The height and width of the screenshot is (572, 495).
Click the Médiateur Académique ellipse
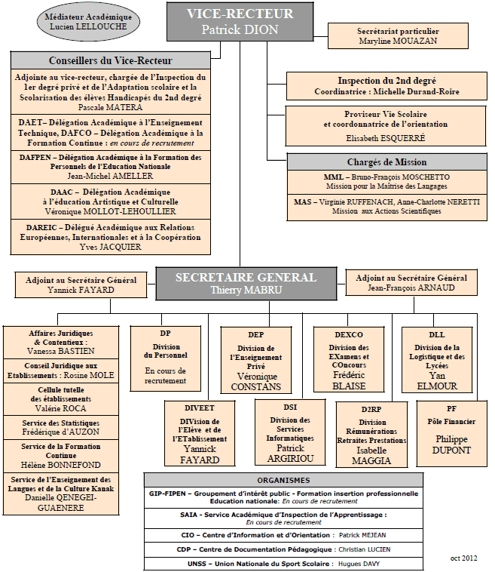pyautogui.click(x=88, y=22)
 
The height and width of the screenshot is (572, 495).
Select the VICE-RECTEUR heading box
pyautogui.click(x=240, y=22)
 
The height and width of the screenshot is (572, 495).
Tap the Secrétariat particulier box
pyautogui.click(x=398, y=35)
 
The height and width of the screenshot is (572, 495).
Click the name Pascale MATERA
pyautogui.click(x=110, y=107)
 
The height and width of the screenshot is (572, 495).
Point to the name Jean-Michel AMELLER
pyautogui.click(x=110, y=176)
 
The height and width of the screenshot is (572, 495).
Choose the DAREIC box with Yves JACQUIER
pyautogui.click(x=110, y=237)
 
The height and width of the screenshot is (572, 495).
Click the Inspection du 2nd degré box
pyautogui.click(x=387, y=86)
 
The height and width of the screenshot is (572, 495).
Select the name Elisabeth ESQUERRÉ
pyautogui.click(x=385, y=138)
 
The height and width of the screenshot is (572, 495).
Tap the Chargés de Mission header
pyautogui.click(x=387, y=162)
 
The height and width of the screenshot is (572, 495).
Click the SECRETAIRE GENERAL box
pyautogui.click(x=246, y=284)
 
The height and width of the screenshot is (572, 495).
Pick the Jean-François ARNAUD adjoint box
pyautogui.click(x=411, y=282)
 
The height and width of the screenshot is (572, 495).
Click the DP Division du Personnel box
pyautogui.click(x=165, y=358)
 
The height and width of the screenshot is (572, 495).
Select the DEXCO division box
pyautogui.click(x=349, y=359)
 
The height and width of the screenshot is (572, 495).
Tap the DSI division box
pyautogui.click(x=290, y=432)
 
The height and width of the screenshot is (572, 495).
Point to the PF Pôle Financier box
pyautogui.click(x=451, y=433)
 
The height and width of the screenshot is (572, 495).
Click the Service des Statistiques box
pyautogui.click(x=61, y=427)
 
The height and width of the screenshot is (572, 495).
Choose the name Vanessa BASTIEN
pyautogui.click(x=61, y=351)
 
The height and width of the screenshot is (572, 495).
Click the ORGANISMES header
pyautogui.click(x=284, y=480)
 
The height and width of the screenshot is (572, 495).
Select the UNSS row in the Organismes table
pyautogui.click(x=284, y=564)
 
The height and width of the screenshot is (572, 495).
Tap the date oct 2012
pyautogui.click(x=463, y=558)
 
